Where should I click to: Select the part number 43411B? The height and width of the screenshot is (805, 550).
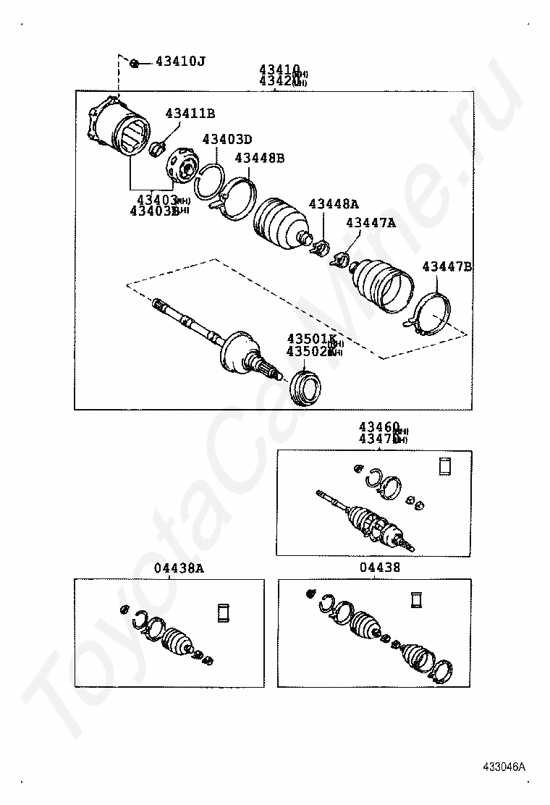pos(190,113)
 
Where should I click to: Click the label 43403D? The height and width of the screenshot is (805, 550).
pos(227,139)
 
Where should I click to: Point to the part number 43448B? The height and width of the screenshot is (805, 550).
pos(259,158)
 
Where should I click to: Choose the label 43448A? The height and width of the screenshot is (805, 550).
pos(334,204)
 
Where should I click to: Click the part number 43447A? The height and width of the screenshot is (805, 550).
pos(370,223)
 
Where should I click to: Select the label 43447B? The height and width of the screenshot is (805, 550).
pos(447,267)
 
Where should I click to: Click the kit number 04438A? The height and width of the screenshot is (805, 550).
pos(178,569)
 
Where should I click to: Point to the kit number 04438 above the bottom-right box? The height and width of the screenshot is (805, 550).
pos(379,568)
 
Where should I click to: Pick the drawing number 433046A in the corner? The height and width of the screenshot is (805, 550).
pos(504,767)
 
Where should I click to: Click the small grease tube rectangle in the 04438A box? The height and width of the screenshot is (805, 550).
pos(223,612)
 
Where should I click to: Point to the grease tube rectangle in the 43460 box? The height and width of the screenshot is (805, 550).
pos(445,466)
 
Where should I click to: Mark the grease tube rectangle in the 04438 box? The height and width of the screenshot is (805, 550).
pos(416,601)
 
